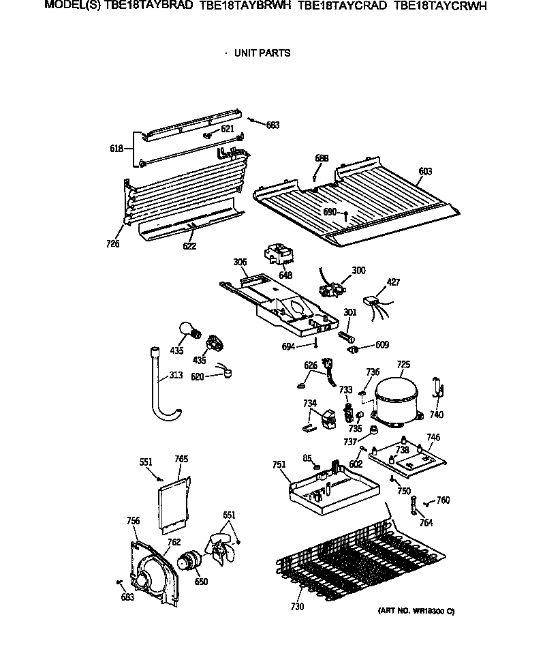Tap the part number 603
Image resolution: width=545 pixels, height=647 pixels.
pos(425,172)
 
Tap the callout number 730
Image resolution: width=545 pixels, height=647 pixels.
pos(297,607)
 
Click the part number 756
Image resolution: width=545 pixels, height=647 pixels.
pos(134,521)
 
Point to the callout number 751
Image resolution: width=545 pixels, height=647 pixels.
pos(278,465)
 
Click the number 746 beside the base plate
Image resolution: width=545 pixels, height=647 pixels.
pos(433,437)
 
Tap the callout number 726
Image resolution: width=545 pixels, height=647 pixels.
pos(113,243)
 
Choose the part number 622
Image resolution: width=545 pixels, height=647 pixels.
pos(190,246)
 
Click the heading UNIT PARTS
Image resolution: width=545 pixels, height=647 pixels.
pos(262,53)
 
